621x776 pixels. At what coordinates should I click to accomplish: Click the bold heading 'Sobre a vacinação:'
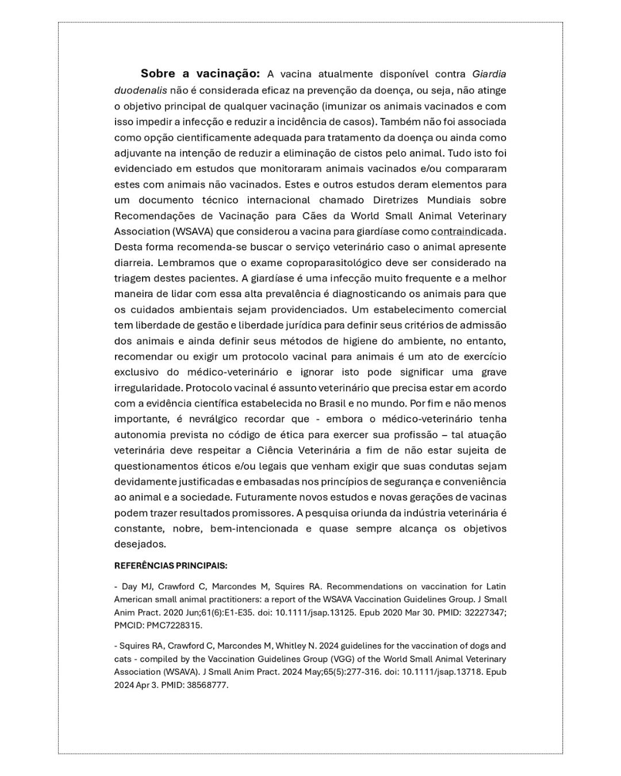click(x=200, y=74)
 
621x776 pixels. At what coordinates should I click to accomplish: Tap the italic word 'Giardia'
click(x=489, y=74)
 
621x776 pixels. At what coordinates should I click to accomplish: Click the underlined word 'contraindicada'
click(x=467, y=232)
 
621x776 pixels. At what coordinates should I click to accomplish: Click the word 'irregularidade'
click(x=148, y=388)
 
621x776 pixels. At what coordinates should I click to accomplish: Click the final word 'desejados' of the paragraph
click(x=139, y=544)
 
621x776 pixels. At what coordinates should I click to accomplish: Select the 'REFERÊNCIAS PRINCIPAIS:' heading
click(x=171, y=566)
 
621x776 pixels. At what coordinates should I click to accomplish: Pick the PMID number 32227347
click(x=482, y=612)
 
